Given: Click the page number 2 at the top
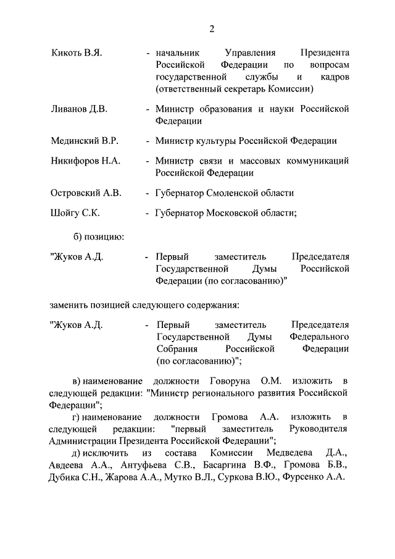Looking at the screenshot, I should tap(211, 29).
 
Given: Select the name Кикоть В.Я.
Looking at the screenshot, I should tap(76, 54).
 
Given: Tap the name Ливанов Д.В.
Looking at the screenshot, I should tap(79, 109).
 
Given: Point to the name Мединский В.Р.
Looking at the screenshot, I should tap(84, 141).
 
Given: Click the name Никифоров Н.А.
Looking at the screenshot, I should tap(85, 161).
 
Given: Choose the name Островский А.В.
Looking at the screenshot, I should tap(86, 193).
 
